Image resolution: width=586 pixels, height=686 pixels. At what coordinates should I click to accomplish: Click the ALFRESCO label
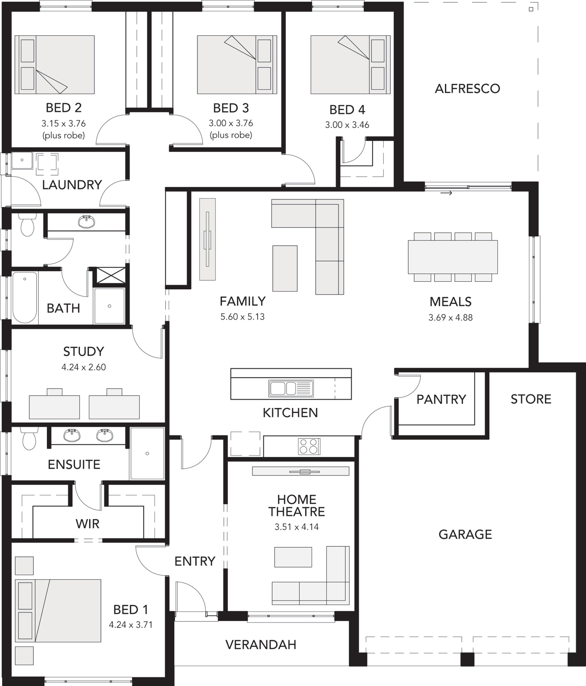(x=467, y=89)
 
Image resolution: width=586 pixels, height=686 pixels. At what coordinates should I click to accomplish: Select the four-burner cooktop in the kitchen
(x=309, y=446)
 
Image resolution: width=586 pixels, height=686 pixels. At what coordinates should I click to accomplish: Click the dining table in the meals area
(x=453, y=257)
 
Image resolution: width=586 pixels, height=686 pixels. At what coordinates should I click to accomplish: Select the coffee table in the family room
(x=285, y=269)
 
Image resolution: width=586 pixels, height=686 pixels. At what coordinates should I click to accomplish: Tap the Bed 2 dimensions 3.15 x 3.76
(x=64, y=124)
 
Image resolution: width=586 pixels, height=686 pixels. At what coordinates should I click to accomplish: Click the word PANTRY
(x=441, y=400)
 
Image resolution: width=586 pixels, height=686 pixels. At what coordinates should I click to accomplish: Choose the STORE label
(x=531, y=399)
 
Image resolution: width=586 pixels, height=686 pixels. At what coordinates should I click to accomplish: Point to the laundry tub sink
(x=22, y=160)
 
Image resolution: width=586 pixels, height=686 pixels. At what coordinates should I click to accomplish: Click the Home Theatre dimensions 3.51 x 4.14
(x=297, y=527)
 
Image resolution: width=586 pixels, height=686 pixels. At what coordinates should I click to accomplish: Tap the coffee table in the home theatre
(x=293, y=557)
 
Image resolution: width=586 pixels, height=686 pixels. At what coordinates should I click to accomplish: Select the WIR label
(x=87, y=524)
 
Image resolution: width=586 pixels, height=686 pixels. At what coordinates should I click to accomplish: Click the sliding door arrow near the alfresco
(x=446, y=193)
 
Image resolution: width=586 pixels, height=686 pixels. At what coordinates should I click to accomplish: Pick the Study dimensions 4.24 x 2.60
(x=83, y=367)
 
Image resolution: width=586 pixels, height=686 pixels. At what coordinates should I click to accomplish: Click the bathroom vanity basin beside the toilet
(x=86, y=222)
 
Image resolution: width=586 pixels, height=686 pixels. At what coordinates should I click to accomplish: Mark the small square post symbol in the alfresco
(x=531, y=9)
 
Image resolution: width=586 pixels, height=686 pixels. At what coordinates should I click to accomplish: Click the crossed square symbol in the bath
(x=111, y=275)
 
